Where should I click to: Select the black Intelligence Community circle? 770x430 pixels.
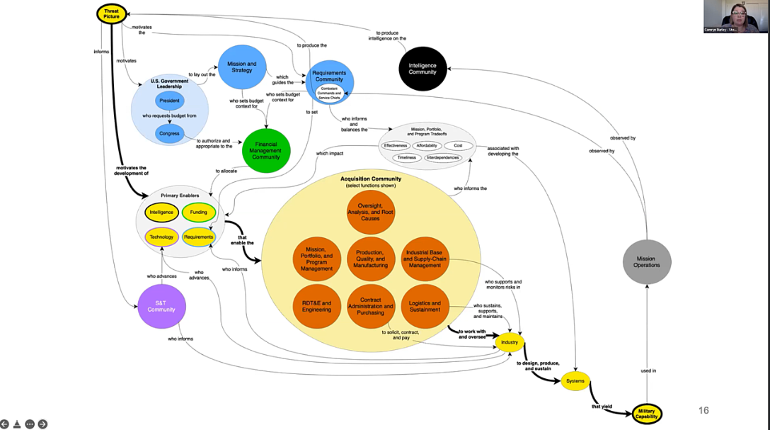[423, 68]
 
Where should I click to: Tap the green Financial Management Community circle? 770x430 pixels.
[266, 150]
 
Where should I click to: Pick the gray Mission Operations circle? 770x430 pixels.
[646, 262]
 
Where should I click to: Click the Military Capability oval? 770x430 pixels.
[646, 413]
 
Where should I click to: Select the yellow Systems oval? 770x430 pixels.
[575, 381]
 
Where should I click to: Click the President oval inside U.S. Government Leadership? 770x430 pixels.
[170, 101]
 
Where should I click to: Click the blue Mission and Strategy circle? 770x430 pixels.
[241, 67]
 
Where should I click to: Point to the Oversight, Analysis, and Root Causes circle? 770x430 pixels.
[370, 210]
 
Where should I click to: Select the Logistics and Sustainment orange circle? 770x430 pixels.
[425, 307]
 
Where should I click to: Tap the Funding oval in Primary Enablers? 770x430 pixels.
[199, 212]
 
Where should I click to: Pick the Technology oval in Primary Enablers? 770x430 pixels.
[161, 237]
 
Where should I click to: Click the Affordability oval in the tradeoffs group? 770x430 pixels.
[426, 145]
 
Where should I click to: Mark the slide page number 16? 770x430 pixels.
[703, 410]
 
